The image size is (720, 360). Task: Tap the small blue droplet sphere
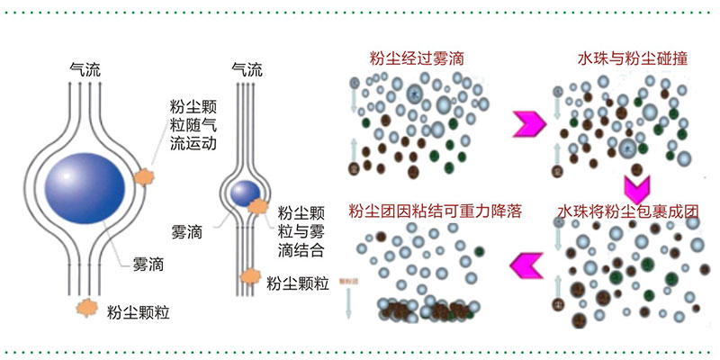(244, 192)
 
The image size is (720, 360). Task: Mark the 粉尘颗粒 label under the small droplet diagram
(298, 282)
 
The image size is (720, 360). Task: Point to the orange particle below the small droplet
(249, 276)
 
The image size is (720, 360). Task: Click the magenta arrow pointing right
(526, 123)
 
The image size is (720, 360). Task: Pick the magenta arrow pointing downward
(636, 186)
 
